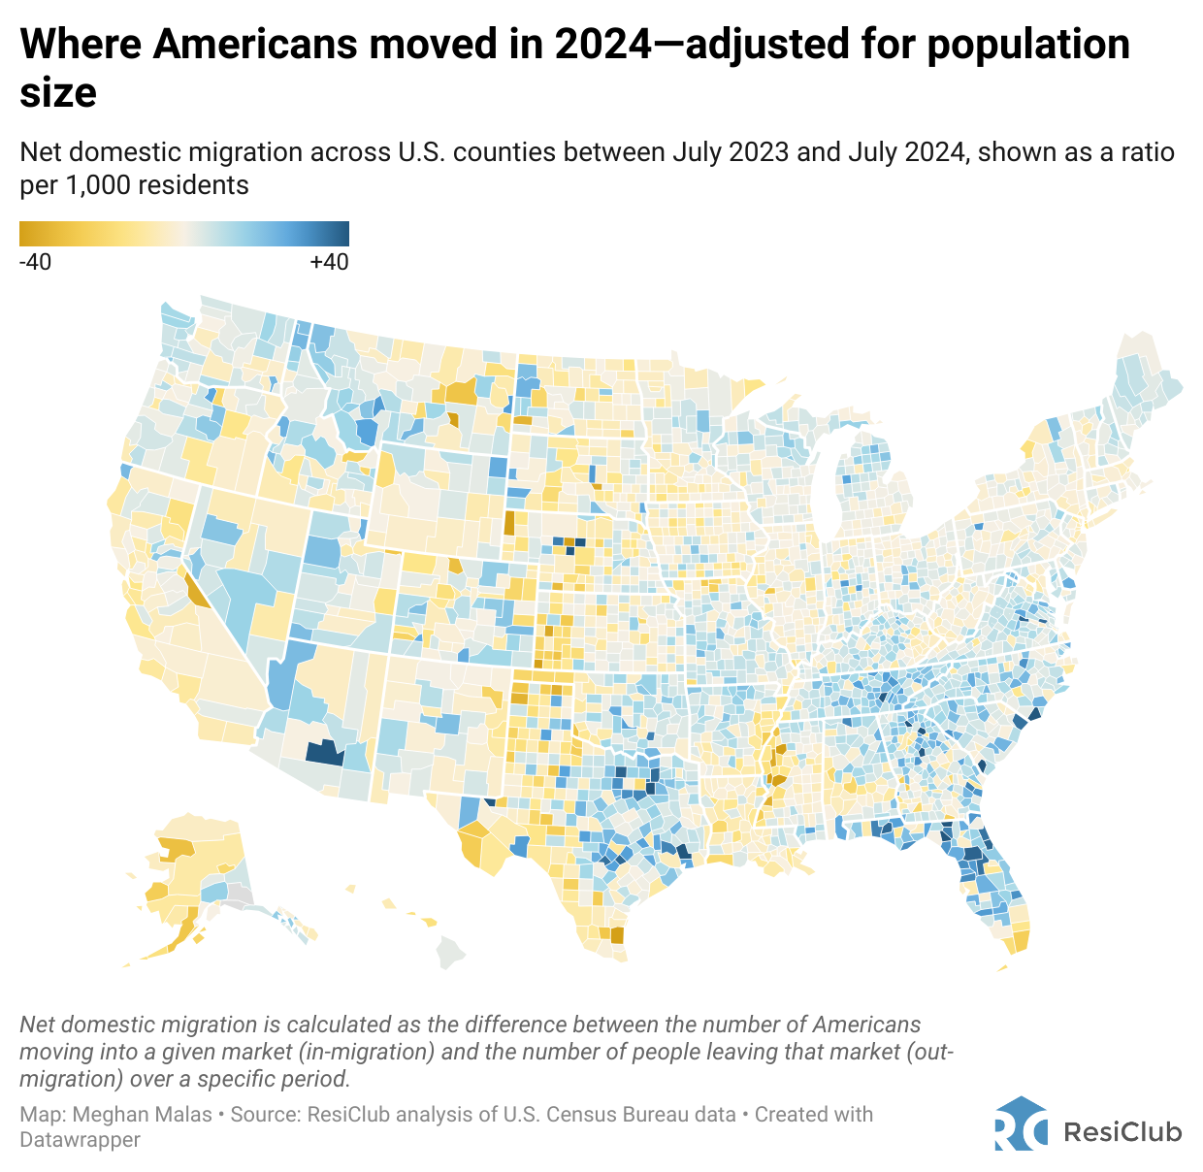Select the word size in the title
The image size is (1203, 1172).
click(x=58, y=93)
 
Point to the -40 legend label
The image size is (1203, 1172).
click(x=36, y=262)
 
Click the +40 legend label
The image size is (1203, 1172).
click(x=329, y=262)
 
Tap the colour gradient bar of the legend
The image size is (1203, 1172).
click(x=184, y=234)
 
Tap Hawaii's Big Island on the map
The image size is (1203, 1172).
click(x=450, y=952)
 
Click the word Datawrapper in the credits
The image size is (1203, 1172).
click(x=80, y=1140)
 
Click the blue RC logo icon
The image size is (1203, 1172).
click(x=1021, y=1124)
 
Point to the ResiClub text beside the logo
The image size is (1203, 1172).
click(x=1122, y=1131)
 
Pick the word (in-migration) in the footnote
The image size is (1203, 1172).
click(x=368, y=1052)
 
